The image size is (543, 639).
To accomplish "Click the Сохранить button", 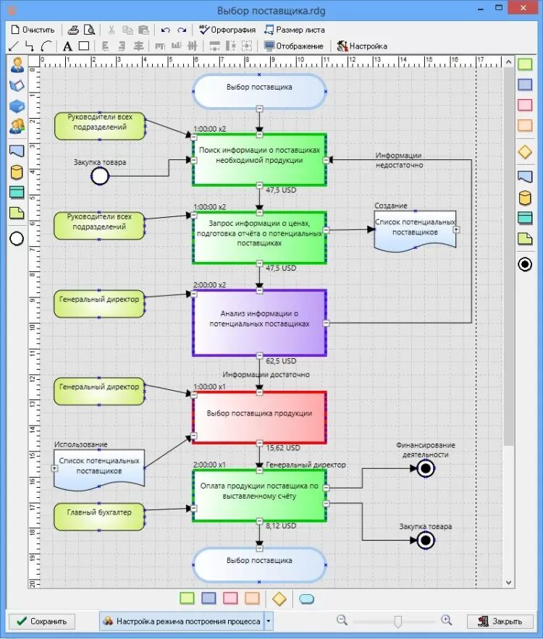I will tap(41, 621).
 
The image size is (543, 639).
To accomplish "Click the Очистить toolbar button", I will tap(33, 30).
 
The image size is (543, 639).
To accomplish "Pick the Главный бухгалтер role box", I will tap(99, 512).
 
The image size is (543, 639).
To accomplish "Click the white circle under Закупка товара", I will tap(99, 176).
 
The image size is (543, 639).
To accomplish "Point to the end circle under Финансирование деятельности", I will tap(425, 469).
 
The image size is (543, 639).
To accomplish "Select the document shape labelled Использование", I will tap(99, 467).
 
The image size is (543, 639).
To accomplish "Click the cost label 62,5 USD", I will tap(281, 360).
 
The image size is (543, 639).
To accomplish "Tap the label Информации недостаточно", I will tap(399, 160).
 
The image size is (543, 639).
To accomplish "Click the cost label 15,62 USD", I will tap(282, 448).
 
